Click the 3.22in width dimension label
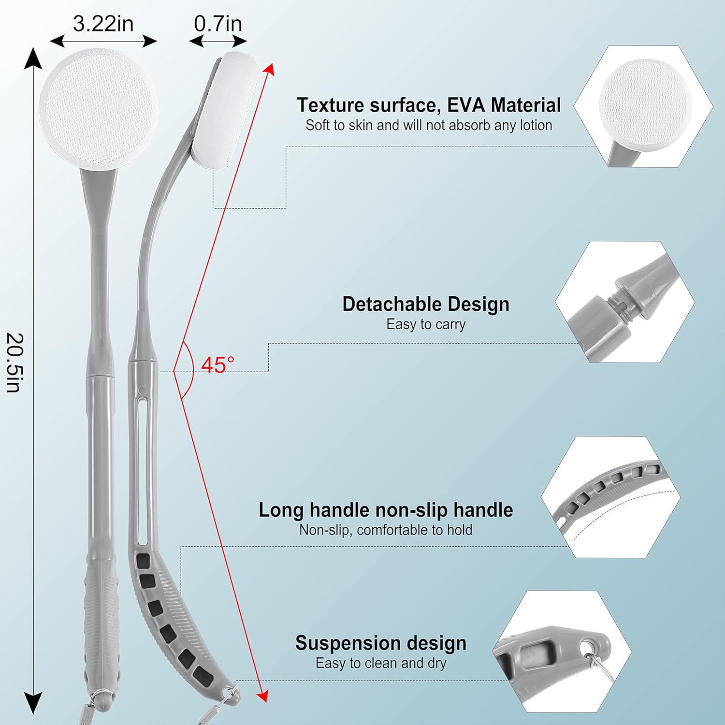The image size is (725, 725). click(x=103, y=24)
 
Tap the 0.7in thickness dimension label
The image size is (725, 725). click(x=217, y=24)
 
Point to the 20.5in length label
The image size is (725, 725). click(x=14, y=362)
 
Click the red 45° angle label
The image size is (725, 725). click(x=217, y=365)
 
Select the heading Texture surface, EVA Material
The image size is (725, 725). click(x=429, y=105)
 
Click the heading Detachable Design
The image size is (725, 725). click(x=426, y=304)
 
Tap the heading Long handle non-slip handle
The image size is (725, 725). click(x=386, y=510)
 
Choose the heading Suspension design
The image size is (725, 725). click(x=381, y=643)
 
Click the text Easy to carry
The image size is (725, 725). click(x=426, y=324)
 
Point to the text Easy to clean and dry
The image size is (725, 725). click(x=381, y=663)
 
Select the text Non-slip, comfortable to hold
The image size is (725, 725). click(x=386, y=530)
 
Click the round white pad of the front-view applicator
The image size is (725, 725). click(x=99, y=109)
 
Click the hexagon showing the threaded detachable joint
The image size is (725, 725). click(x=625, y=302)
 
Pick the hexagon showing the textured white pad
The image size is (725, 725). click(x=643, y=106)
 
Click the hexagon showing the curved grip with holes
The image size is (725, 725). click(x=611, y=497)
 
